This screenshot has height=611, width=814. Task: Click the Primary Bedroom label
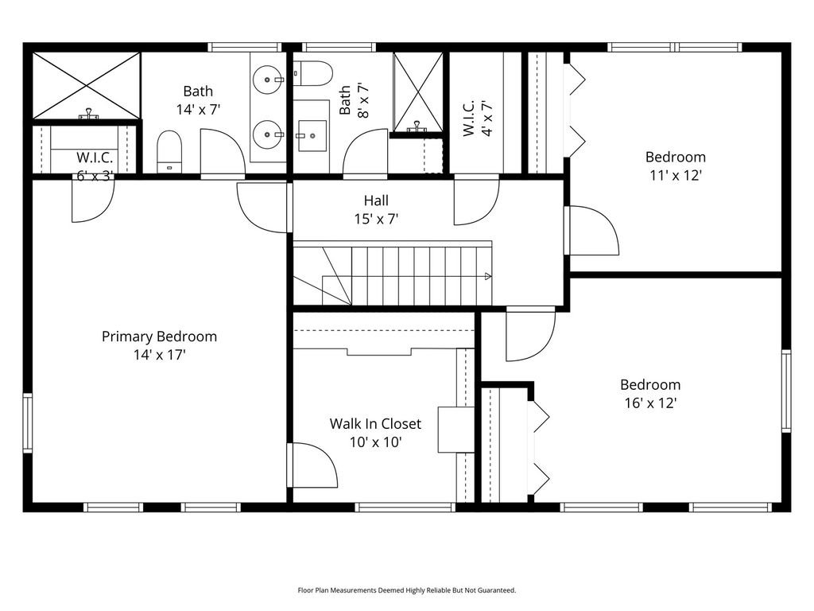pos(159,337)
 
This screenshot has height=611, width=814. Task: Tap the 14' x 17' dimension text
pos(159,355)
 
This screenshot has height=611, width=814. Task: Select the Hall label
pos(376,200)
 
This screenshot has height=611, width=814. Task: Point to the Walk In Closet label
pos(375,424)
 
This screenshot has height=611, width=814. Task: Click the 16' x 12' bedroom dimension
pos(650,403)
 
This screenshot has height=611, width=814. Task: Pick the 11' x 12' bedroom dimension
pos(676,176)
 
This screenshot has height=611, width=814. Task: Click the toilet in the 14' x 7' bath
pos(169,152)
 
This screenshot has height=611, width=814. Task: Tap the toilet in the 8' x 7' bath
pos(312,74)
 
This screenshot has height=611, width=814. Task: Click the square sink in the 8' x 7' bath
pos(312,136)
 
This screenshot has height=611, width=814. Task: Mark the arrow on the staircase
pos(487,276)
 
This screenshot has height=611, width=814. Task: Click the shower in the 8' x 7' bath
pos(417,92)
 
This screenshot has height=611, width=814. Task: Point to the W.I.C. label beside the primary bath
pos(95,158)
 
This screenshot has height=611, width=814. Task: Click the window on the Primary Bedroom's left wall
pos(27,423)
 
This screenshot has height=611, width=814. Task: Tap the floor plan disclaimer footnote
pos(407,590)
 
